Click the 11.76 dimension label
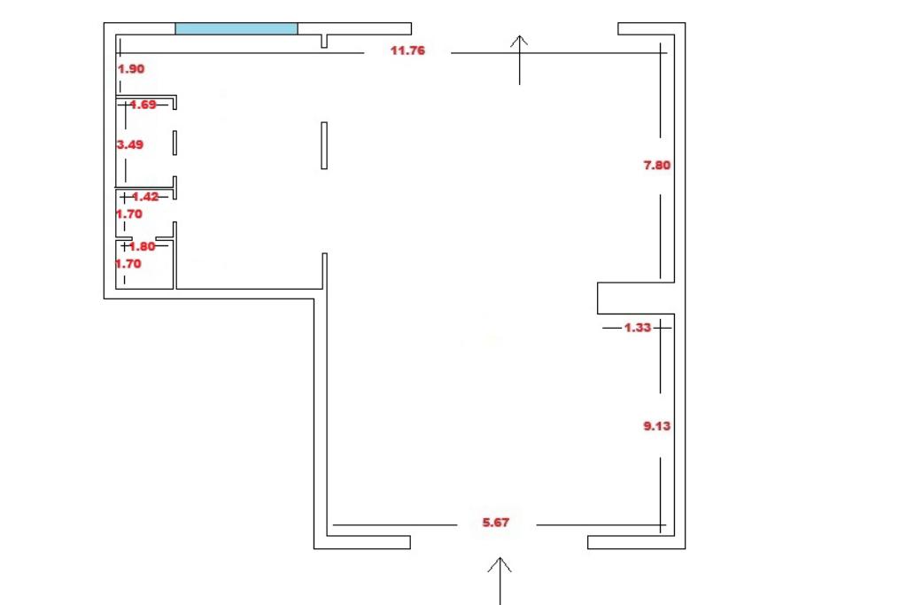click(x=407, y=50)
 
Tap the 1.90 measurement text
click(x=131, y=68)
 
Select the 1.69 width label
click(x=143, y=105)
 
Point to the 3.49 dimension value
click(x=130, y=143)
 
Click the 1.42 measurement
click(x=144, y=197)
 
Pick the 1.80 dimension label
click(x=142, y=247)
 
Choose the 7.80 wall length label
click(x=656, y=164)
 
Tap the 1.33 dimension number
click(x=638, y=328)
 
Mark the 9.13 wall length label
click(x=656, y=426)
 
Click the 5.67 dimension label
click(x=496, y=523)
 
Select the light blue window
click(x=236, y=28)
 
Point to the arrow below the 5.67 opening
click(x=500, y=579)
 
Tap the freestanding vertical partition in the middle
click(x=324, y=145)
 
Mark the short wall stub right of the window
click(x=325, y=41)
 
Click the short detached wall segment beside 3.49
click(x=175, y=143)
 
